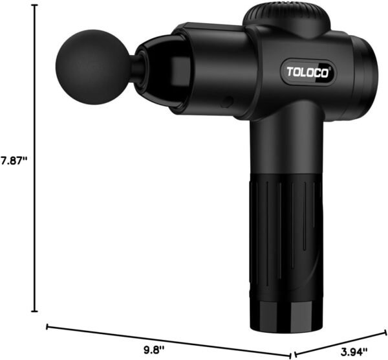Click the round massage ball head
pyautogui.click(x=92, y=67)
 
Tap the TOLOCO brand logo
pyautogui.click(x=308, y=72)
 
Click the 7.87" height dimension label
pyautogui.click(x=14, y=161)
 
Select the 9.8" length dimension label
pyautogui.click(x=154, y=350)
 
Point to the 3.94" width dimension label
pyautogui.click(x=354, y=351)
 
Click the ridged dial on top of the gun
pyautogui.click(x=286, y=20)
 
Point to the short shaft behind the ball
pyautogui.click(x=135, y=67)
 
